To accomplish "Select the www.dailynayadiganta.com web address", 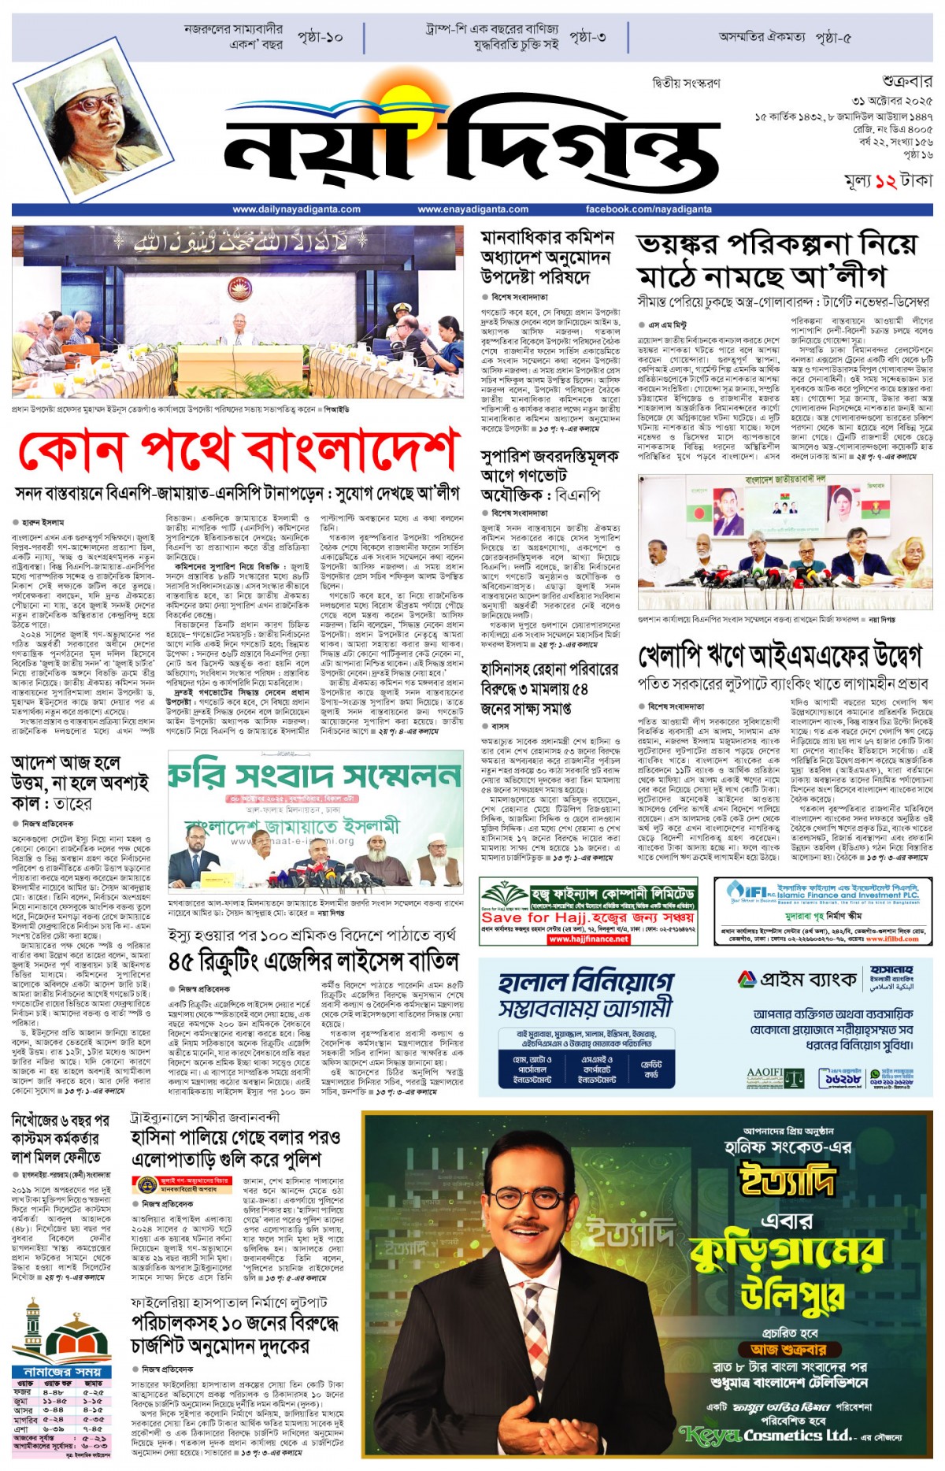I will click(296, 209).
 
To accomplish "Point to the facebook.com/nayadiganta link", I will click(648, 209).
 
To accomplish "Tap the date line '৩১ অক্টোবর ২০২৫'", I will click(891, 102).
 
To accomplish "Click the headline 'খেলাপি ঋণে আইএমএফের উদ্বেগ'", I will click(780, 656).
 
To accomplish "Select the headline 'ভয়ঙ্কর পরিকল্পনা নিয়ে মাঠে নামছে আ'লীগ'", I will click(776, 260).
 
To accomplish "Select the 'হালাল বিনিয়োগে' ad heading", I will click(587, 982).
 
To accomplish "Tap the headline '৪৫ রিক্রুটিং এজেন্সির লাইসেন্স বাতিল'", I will click(313, 962).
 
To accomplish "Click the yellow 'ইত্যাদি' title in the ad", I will click(786, 1180).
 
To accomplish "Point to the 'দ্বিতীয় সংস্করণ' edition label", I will click(686, 83).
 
